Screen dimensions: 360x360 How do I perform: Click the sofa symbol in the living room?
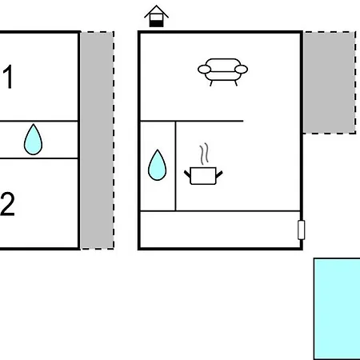222,71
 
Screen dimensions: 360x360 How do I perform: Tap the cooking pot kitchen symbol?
203,176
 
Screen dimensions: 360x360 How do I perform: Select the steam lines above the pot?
204,154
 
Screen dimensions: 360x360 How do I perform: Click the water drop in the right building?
157,165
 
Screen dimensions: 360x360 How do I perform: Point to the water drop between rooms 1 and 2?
33,139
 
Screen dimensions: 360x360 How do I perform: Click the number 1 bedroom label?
8,77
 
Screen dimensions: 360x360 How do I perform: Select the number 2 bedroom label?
7,204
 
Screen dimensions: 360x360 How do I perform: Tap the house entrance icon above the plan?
156,16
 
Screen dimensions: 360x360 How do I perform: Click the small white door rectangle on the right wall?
301,230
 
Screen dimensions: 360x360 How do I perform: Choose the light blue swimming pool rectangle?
337,309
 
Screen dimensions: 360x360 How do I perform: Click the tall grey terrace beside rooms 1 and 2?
98,141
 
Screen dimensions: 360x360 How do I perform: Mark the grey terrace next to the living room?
330,82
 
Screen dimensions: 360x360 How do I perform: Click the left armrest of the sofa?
205,70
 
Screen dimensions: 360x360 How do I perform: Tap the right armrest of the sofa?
241,70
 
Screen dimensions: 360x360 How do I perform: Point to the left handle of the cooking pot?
187,174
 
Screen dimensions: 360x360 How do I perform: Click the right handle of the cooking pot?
219,174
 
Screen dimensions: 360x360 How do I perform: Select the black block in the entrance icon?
156,23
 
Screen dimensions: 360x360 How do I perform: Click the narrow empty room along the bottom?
220,230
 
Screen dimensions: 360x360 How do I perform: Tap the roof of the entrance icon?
156,10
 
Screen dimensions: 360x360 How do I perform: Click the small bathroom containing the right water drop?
158,166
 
